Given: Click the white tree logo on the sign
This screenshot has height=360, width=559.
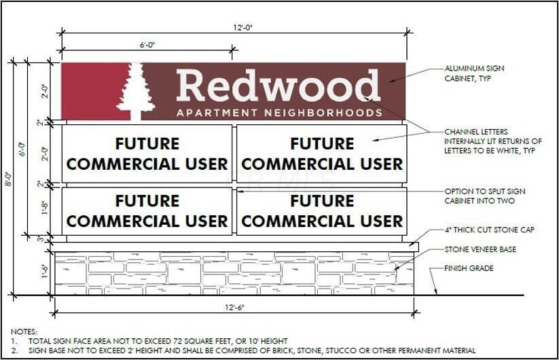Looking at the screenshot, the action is [x=136, y=92].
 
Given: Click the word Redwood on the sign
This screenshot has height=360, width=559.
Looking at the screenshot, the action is [x=278, y=86].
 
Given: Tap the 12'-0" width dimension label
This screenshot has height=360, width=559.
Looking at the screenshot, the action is [x=242, y=27].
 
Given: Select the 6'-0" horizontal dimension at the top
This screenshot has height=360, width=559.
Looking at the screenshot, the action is [x=147, y=45].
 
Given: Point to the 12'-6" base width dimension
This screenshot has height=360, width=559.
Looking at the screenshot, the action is [x=234, y=307].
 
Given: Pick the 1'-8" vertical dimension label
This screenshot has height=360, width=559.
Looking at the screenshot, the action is [x=44, y=208].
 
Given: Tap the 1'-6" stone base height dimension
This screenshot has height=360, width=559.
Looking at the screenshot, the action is [x=45, y=271].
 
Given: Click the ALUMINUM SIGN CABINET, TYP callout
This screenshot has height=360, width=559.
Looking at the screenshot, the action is [x=474, y=73].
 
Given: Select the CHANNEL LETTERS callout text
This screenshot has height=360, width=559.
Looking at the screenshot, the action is [x=492, y=141].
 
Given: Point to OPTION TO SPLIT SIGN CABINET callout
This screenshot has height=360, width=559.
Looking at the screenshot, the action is [x=484, y=196].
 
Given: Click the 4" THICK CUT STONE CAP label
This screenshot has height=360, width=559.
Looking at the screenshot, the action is [x=489, y=230].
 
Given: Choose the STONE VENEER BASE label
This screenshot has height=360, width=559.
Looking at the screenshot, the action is [x=480, y=249].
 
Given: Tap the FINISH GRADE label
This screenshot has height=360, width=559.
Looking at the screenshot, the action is [x=469, y=268].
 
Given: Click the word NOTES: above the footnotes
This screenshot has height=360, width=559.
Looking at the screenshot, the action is [x=24, y=332].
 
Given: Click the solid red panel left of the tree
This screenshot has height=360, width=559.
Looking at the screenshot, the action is [x=94, y=91].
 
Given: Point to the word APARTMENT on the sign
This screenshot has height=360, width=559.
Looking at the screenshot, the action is [x=217, y=113].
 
